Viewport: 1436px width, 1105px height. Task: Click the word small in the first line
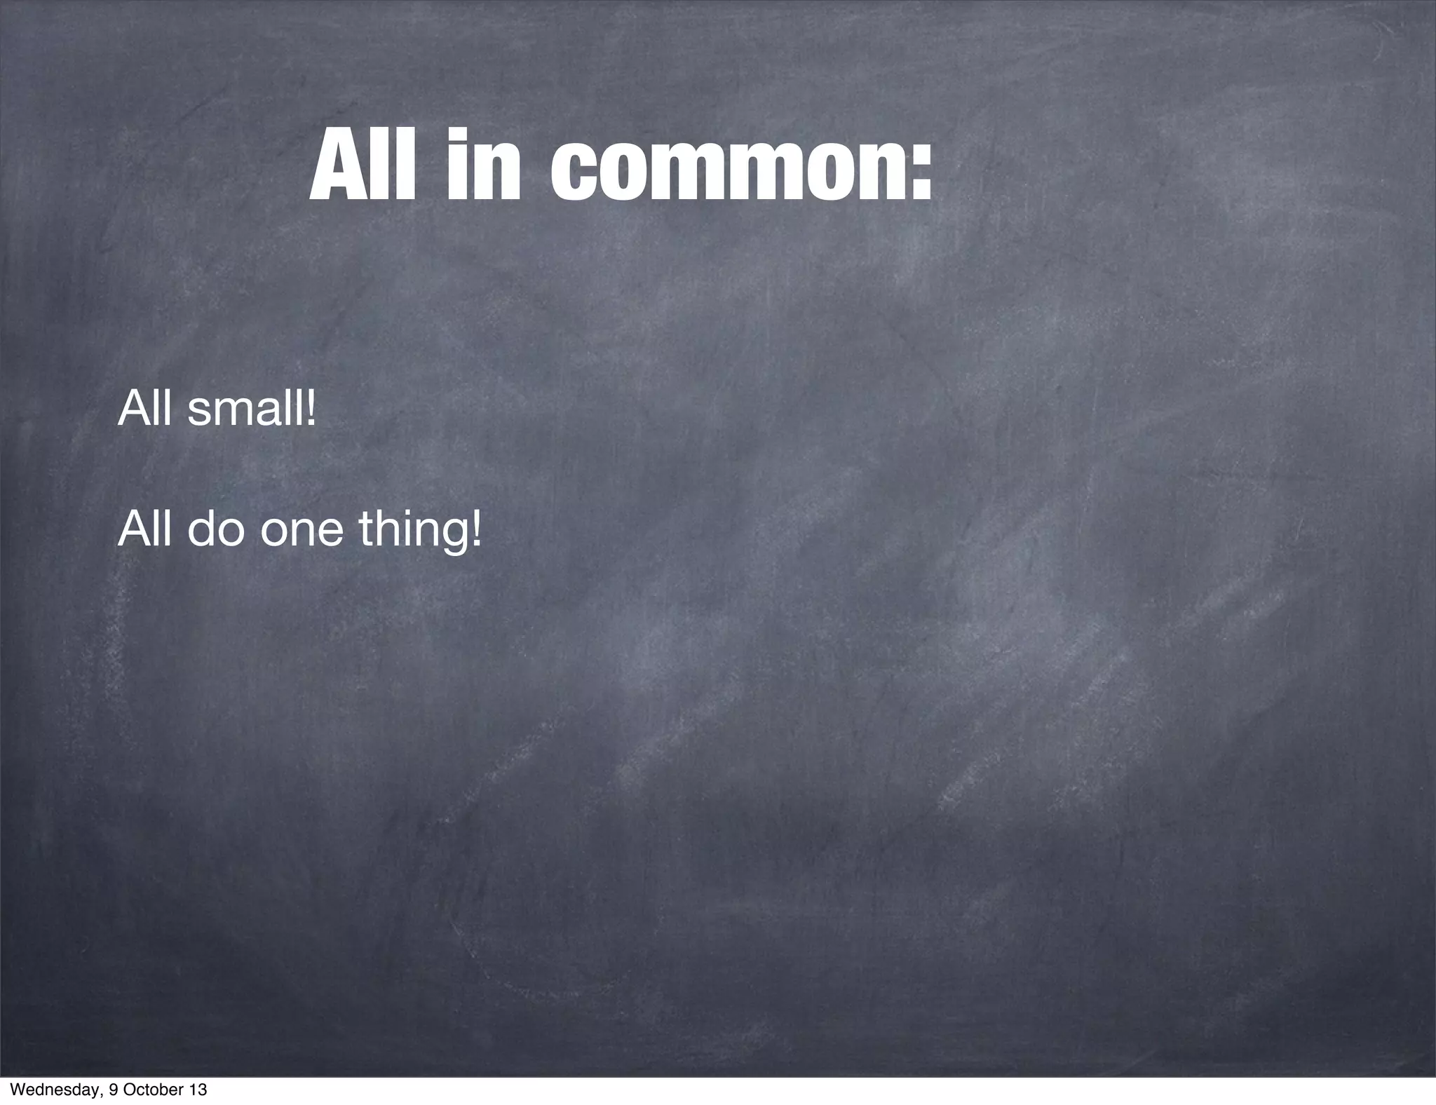[x=246, y=409]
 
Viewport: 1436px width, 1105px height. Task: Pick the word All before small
[x=144, y=409]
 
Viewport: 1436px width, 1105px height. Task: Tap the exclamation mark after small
[x=312, y=409]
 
